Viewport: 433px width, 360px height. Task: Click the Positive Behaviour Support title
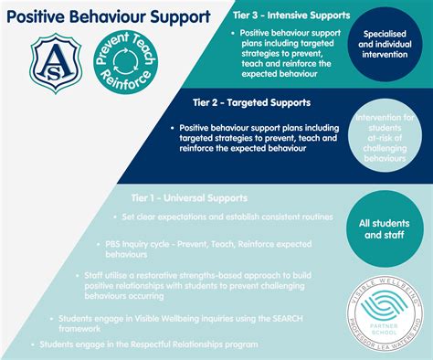coord(109,17)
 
